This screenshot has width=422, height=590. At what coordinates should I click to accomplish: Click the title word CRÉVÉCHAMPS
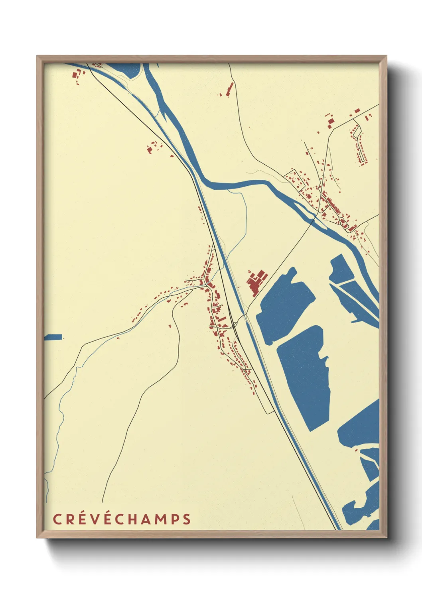[122, 519]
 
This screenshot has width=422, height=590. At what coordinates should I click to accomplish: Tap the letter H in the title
[134, 519]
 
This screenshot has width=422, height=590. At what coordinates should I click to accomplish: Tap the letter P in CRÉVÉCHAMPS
[174, 519]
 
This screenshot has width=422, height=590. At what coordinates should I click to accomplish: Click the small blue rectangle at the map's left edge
[53, 337]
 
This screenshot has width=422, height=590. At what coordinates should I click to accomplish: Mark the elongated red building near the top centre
[229, 89]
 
